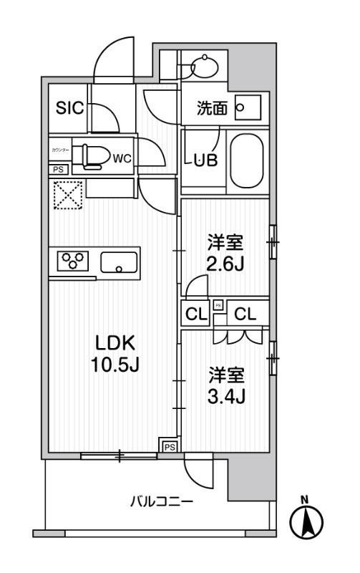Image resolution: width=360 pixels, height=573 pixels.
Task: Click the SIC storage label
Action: click(x=70, y=109)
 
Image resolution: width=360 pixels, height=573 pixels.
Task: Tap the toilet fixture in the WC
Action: click(x=94, y=155)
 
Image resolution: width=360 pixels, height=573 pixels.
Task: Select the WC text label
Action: click(x=121, y=158)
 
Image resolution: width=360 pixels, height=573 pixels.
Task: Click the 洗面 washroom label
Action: click(x=213, y=109)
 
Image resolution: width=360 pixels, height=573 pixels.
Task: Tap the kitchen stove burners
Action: click(x=72, y=261)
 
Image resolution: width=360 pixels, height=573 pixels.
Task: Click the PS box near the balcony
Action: click(x=169, y=446)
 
